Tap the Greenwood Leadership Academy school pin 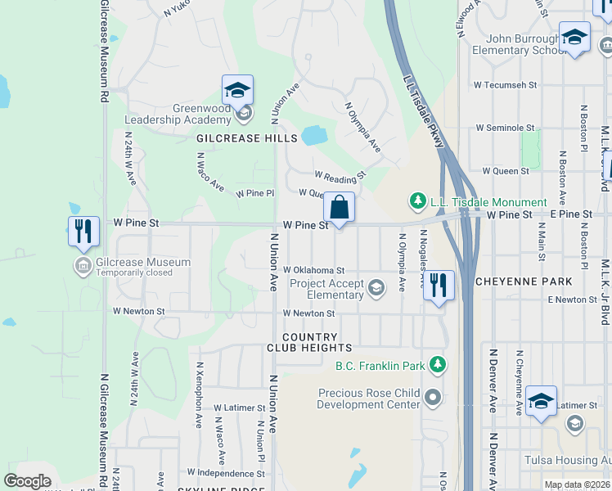[x=237, y=90]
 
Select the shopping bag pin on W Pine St [x=339, y=207]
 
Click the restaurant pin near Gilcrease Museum [x=83, y=232]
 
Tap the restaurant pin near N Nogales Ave [x=439, y=286]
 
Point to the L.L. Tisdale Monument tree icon [x=417, y=201]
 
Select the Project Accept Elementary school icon [x=376, y=286]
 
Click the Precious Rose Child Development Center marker [x=433, y=399]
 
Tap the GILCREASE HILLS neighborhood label [x=246, y=139]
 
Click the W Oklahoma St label [x=314, y=270]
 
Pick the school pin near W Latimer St [x=541, y=402]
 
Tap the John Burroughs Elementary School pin [x=575, y=37]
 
